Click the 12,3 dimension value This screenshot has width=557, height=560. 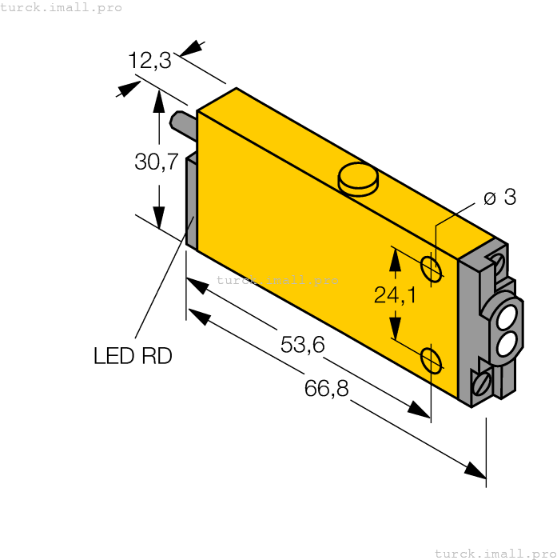click(x=149, y=61)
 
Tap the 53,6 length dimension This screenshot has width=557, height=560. click(x=302, y=345)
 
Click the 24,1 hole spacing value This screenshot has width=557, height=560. click(x=395, y=296)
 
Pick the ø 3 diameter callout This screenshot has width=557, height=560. click(x=500, y=197)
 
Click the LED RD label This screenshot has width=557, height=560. click(x=133, y=356)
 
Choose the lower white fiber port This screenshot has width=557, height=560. click(x=506, y=345)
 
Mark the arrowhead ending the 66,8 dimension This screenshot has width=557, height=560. click(x=477, y=471)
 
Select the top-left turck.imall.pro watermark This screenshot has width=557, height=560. click(x=62, y=7)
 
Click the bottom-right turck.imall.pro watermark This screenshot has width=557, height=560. click(x=493, y=553)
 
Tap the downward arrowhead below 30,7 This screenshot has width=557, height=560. click(x=159, y=217)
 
